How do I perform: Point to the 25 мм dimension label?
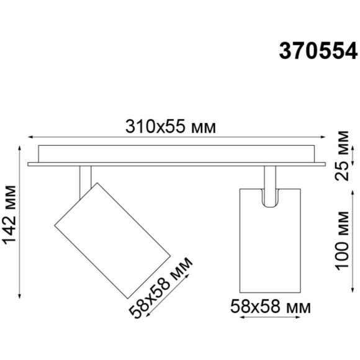click(343, 155)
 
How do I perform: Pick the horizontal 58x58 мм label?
click(270, 306)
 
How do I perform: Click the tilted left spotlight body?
click(112, 238)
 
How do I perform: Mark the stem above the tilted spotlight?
click(84, 180)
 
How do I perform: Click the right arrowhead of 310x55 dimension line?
click(322, 138)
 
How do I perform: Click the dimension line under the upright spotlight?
click(269, 318)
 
